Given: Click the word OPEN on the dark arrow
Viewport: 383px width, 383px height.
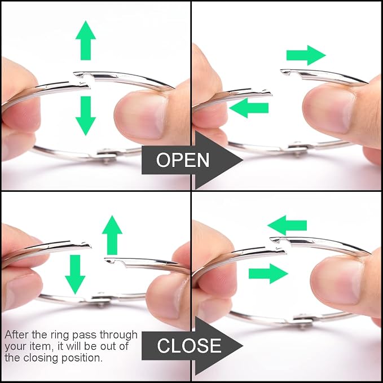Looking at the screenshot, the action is [x=183, y=160].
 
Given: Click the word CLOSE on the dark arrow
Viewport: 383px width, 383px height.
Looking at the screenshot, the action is [x=189, y=346].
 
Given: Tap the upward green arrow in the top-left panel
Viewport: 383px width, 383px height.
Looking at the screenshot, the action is [x=86, y=40].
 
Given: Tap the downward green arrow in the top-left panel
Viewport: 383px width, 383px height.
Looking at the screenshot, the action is [x=86, y=116].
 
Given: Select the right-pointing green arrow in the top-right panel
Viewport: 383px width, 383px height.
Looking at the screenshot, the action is [x=306, y=55].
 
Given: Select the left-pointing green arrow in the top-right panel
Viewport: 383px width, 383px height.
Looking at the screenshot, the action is [x=249, y=108].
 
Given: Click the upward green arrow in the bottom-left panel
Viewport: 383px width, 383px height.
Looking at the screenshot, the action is [x=112, y=235].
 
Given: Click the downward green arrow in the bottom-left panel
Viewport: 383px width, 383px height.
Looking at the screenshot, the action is [x=75, y=275].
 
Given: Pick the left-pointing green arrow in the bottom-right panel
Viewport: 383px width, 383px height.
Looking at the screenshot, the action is [x=287, y=225].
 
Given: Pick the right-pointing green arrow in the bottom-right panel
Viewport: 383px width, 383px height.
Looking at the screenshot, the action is [x=268, y=274].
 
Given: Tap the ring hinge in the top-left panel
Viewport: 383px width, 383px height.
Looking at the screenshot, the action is [x=106, y=155].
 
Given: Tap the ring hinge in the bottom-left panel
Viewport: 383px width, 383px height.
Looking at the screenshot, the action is [x=100, y=299].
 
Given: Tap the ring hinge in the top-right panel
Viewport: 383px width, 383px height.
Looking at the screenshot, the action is [x=298, y=148].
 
